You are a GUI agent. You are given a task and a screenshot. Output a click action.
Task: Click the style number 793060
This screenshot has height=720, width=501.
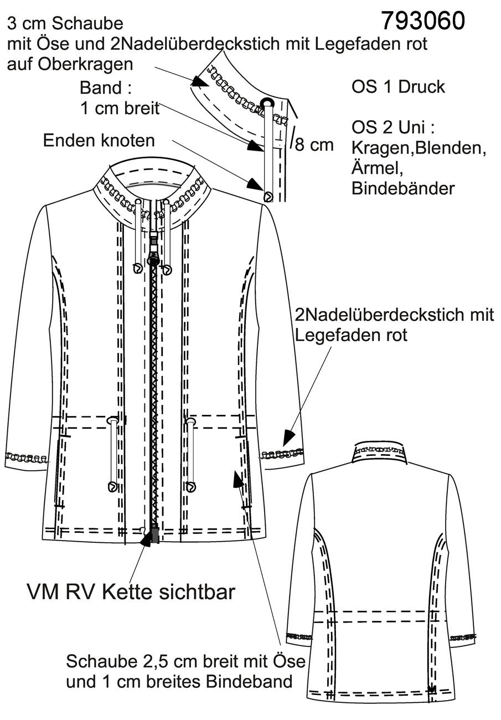[423, 21]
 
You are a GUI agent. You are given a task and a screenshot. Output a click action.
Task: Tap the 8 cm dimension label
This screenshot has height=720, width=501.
[314, 145]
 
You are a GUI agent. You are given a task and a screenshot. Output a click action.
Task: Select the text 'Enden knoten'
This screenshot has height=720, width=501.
[99, 141]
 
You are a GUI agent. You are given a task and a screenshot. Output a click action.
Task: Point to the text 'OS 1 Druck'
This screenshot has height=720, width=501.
[398, 87]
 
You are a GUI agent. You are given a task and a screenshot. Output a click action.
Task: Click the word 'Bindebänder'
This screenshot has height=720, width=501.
[403, 188]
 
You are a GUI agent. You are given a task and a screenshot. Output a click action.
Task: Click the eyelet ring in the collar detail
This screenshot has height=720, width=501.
[266, 102]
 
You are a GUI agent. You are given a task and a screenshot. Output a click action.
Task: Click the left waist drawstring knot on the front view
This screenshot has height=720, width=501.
[112, 487]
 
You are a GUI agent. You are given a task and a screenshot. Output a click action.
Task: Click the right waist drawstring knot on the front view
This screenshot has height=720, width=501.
[191, 487]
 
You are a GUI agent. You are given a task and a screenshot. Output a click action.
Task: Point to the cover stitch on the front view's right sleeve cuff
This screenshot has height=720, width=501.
[282, 454]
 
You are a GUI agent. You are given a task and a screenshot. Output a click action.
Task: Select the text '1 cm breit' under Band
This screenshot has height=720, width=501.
[120, 109]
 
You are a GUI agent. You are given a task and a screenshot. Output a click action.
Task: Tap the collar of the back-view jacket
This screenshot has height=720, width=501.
[380, 454]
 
